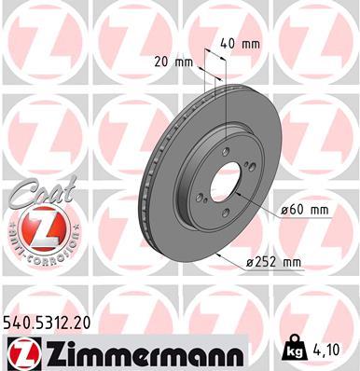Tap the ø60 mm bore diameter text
click(304, 211)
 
